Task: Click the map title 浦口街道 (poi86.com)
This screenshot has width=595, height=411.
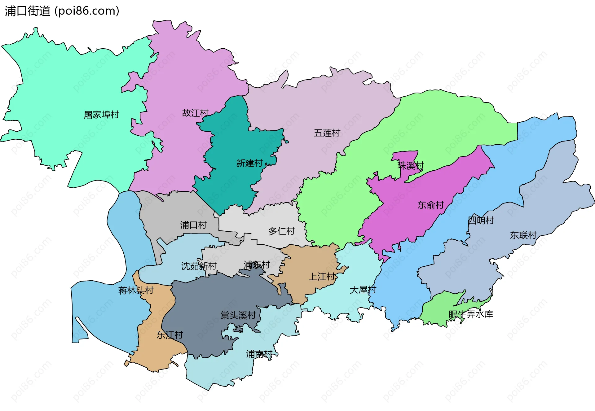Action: [62, 11]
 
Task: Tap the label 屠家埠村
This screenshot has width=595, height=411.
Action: [101, 115]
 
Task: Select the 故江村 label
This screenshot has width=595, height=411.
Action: [195, 113]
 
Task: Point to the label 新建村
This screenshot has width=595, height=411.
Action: [249, 163]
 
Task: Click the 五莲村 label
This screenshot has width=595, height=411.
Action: [327, 133]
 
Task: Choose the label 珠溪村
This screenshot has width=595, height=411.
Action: [410, 165]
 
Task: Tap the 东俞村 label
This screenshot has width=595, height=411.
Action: [430, 205]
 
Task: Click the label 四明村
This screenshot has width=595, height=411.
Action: [481, 220]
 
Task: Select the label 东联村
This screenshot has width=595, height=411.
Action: [523, 235]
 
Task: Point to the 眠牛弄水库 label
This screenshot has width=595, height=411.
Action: [471, 314]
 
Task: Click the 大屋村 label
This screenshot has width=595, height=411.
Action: [363, 290]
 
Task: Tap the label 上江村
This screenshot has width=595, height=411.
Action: [322, 277]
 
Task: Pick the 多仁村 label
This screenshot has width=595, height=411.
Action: [281, 231]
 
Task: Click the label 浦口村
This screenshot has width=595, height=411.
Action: [193, 225]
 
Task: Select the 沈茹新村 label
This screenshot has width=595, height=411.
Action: [199, 266]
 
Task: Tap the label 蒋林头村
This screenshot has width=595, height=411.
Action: [136, 290]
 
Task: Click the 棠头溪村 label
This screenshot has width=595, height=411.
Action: [238, 315]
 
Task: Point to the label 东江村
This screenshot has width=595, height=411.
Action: [170, 335]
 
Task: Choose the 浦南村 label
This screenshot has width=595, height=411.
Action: [259, 354]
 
